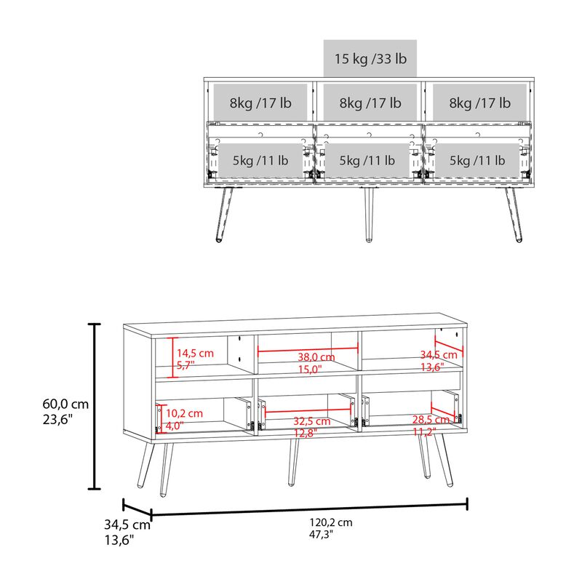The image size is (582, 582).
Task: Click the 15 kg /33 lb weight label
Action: click(370, 59)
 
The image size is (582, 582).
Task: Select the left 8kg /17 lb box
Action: click(260, 103)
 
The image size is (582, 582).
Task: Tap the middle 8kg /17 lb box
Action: click(370, 103)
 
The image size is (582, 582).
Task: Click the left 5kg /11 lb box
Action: click(260, 160)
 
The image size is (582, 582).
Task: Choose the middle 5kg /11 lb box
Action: click(370, 160)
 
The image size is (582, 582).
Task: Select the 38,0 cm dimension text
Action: click(316, 357)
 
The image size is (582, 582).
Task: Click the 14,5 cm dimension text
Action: click(196, 353)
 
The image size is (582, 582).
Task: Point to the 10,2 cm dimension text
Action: click(185, 413)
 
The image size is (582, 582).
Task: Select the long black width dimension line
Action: click(309, 509)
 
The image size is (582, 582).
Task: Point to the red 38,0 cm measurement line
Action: click(306, 348)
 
